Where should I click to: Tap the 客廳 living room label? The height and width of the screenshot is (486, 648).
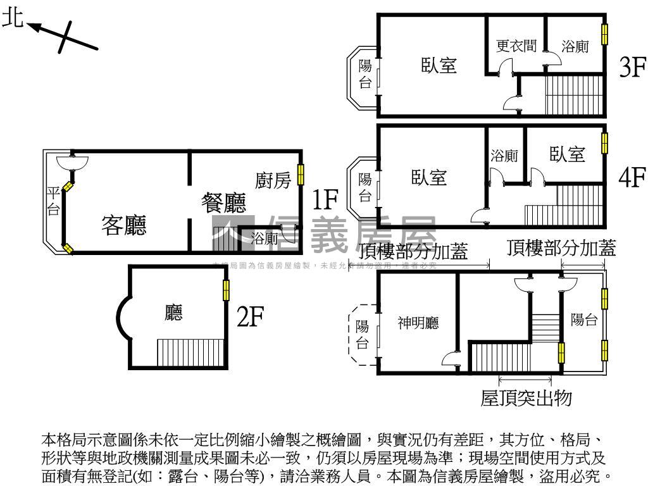pyautogui.click(x=124, y=225)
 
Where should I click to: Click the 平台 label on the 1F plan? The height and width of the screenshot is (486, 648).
pyautogui.click(x=53, y=201)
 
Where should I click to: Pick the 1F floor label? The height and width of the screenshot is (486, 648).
pyautogui.click(x=327, y=199)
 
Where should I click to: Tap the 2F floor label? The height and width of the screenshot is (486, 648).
pyautogui.click(x=250, y=316)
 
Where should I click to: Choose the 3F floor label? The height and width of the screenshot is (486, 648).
pyautogui.click(x=632, y=66)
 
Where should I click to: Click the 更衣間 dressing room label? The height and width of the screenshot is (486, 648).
pyautogui.click(x=516, y=46)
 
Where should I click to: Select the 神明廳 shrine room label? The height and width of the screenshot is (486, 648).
pyautogui.click(x=418, y=323)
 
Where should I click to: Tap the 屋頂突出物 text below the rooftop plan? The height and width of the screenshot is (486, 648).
pyautogui.click(x=526, y=398)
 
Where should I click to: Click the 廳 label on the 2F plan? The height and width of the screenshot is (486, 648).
pyautogui.click(x=173, y=313)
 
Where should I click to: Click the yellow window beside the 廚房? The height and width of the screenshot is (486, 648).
pyautogui.click(x=301, y=174)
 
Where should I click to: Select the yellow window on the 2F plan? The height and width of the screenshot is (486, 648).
pyautogui.click(x=225, y=290)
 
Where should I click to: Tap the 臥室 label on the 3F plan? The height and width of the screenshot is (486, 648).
pyautogui.click(x=439, y=65)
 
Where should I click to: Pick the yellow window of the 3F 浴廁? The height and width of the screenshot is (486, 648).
pyautogui.click(x=604, y=34)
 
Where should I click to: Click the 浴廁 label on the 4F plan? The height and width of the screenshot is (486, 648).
pyautogui.click(x=504, y=156)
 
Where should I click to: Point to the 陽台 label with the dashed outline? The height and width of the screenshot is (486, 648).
pyautogui.click(x=362, y=335)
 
